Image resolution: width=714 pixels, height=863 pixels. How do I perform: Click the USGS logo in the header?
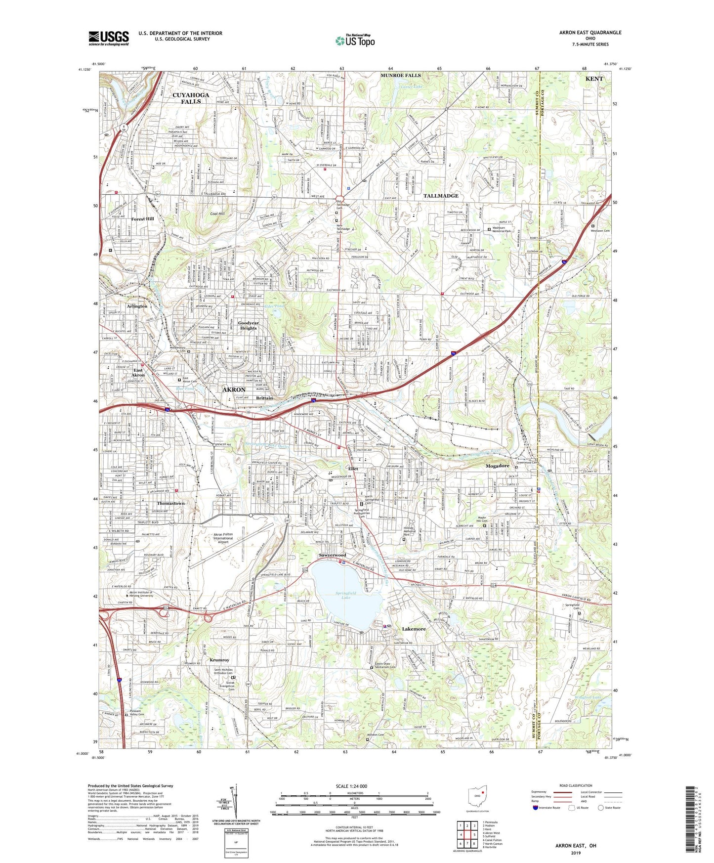[x=108, y=38]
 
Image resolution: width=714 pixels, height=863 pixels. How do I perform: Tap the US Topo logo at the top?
[x=355, y=41]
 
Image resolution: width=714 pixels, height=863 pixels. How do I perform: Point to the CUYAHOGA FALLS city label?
[x=191, y=98]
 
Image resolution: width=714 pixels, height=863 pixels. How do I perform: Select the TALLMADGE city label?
[x=441, y=196]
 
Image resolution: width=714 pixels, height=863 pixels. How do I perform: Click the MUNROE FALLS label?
[x=400, y=76]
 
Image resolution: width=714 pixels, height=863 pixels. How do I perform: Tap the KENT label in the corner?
[x=594, y=79]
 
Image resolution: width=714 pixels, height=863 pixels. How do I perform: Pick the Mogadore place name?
[x=497, y=466]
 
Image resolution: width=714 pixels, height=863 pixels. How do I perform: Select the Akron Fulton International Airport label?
[x=223, y=538]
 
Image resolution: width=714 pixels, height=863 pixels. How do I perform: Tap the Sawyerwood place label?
[x=333, y=555]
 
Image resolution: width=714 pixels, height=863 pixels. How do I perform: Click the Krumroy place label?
[x=219, y=660]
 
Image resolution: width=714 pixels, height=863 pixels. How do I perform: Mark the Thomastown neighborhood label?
[x=170, y=503]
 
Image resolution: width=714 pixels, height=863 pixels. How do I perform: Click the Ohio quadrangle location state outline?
[x=477, y=798]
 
